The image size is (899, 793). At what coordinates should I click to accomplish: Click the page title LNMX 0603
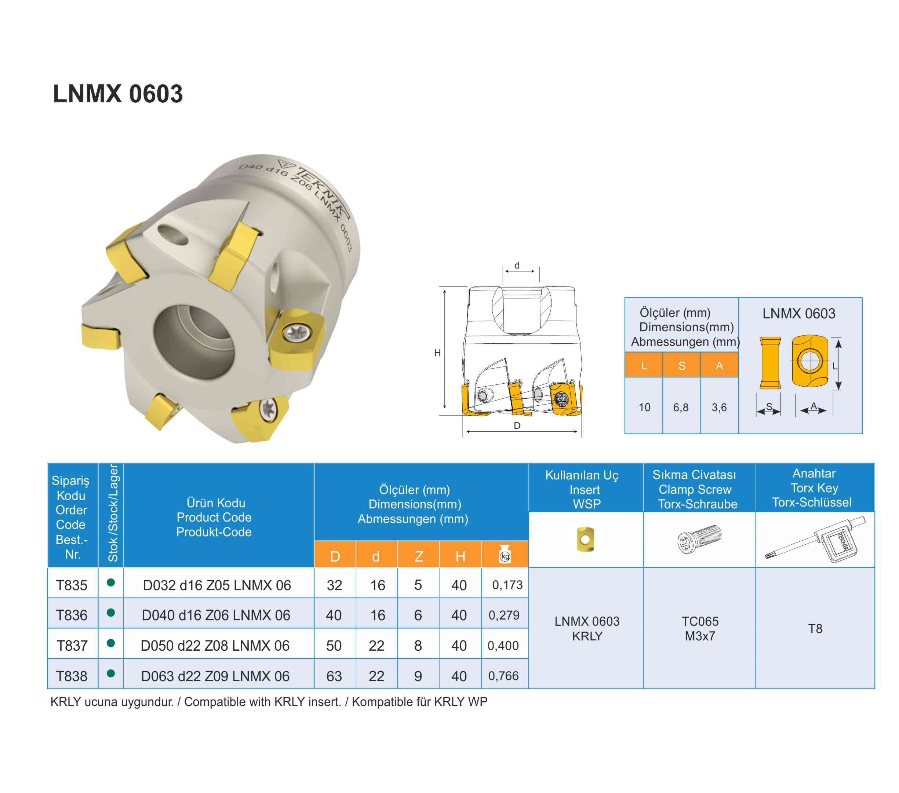click(x=118, y=94)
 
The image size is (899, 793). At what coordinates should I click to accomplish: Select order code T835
click(x=72, y=585)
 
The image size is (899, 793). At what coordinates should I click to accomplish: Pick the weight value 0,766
click(x=503, y=676)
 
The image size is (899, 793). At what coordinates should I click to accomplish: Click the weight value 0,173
click(x=507, y=585)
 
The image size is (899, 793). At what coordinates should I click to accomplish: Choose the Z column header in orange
click(x=419, y=556)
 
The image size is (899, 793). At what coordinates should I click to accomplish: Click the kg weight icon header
click(x=505, y=554)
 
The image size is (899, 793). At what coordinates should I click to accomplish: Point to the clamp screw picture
click(x=699, y=539)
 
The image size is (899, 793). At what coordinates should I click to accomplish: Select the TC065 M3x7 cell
click(x=700, y=629)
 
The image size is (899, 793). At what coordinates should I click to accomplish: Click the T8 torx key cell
click(x=815, y=629)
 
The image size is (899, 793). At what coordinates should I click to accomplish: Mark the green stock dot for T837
click(x=111, y=643)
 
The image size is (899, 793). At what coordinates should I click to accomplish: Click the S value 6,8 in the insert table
click(x=681, y=408)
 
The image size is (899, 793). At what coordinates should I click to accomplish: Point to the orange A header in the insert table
click(x=720, y=366)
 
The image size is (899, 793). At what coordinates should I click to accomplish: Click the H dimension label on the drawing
click(x=437, y=352)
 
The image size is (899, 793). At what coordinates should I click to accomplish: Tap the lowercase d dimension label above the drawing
click(x=517, y=266)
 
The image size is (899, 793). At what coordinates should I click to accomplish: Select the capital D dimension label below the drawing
click(x=517, y=425)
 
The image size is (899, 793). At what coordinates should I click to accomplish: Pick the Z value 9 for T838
click(x=418, y=676)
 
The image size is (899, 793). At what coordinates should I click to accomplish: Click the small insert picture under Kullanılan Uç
click(x=585, y=539)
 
